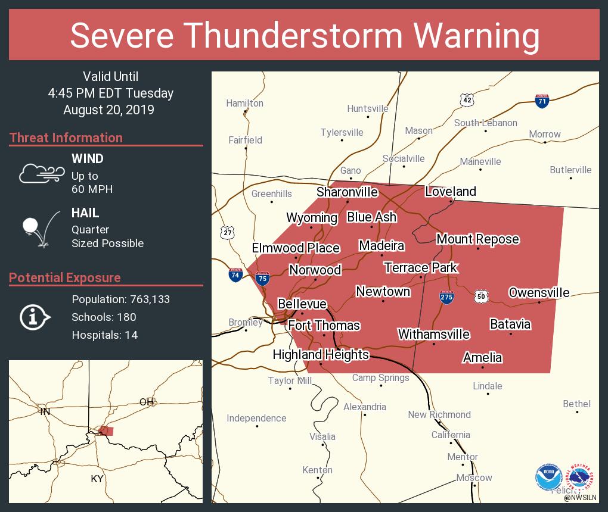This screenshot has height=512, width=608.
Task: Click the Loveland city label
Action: click(450, 191)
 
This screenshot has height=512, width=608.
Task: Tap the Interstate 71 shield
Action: click(542, 101)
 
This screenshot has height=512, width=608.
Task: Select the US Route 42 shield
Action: click(467, 100)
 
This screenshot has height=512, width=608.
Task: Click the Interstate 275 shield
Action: click(446, 297)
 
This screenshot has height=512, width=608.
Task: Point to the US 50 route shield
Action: click(482, 296)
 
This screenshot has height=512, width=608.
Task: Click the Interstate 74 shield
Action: click(235, 275)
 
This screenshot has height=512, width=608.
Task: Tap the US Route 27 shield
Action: click(227, 232)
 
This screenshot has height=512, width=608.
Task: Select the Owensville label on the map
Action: click(538, 292)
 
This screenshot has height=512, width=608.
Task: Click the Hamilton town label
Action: click(244, 103)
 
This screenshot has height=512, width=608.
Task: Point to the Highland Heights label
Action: click(321, 354)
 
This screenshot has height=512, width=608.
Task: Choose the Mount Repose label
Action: click(477, 239)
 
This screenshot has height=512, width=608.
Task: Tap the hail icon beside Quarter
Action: click(38, 229)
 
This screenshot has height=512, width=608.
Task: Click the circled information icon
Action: click(35, 317)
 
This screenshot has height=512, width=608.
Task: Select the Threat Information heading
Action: click(66, 138)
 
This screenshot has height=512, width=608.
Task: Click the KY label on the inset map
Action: click(97, 479)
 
